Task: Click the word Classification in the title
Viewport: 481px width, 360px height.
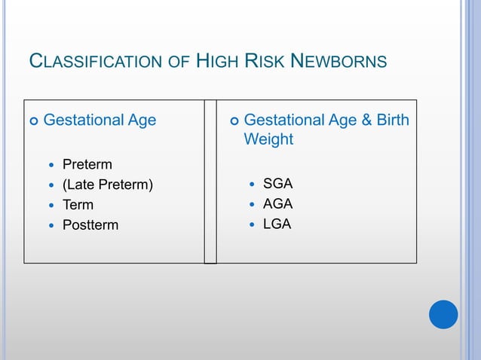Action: click(93, 61)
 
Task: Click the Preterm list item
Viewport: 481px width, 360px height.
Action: click(87, 164)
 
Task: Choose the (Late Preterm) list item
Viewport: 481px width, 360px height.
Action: click(108, 185)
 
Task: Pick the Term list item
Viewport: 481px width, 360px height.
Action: click(78, 205)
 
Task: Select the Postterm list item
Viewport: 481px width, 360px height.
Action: click(90, 225)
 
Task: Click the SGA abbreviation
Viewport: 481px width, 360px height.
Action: click(277, 184)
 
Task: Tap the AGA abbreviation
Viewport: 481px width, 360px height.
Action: click(277, 204)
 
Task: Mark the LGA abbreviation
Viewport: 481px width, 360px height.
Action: click(277, 224)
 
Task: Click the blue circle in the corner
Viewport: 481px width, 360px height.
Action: click(443, 314)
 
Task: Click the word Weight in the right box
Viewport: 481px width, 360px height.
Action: click(268, 140)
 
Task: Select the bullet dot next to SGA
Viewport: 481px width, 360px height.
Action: click(251, 185)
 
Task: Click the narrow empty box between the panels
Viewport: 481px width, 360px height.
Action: click(210, 182)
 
